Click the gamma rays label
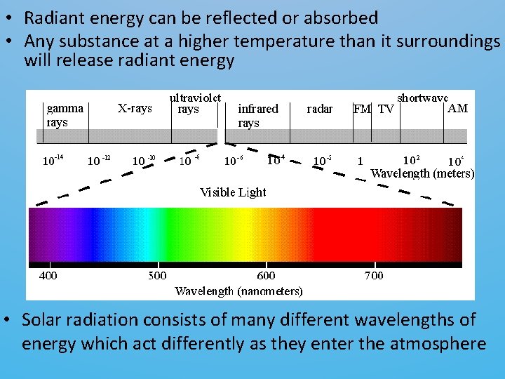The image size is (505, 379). point(65,115)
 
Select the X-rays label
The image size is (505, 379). point(135,108)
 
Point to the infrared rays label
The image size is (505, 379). point(257,115)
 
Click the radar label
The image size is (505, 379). point(320,109)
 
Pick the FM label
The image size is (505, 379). point(362,109)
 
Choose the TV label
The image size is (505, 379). point(386,109)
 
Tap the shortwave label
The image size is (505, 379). point(423,98)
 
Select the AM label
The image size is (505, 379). point(457,108)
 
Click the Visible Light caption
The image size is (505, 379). point(233,192)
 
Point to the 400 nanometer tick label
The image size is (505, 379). point(48,275)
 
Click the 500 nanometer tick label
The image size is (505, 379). point(157,275)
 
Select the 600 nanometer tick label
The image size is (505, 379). point(266,275)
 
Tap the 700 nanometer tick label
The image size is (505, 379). point(374,275)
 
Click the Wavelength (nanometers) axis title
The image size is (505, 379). point(238,290)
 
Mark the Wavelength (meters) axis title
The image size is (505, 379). point(422,172)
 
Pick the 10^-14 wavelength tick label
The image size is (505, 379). point(53,161)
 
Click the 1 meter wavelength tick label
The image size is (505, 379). point(360,161)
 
